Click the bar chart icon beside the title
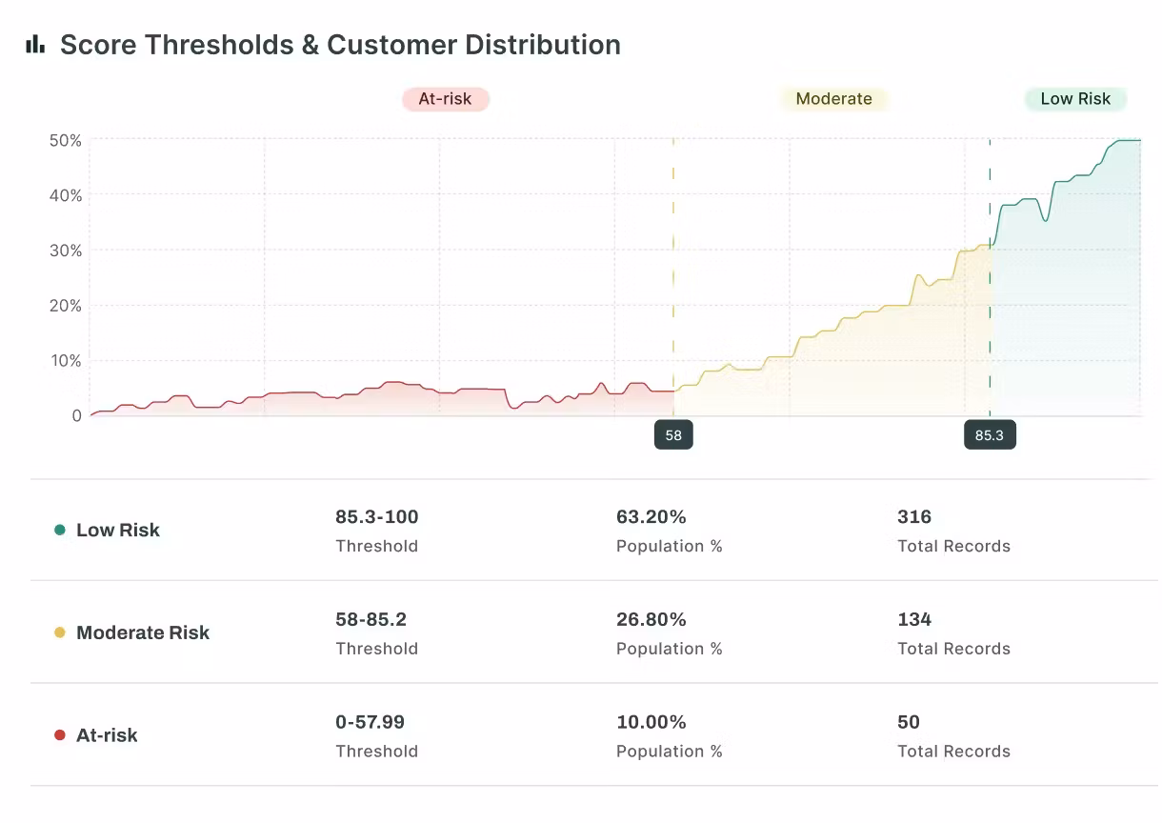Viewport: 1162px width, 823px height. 35,44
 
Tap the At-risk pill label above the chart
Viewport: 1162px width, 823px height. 445,99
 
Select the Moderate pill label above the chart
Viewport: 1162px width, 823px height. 833,99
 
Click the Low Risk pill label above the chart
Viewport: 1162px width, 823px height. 1075,99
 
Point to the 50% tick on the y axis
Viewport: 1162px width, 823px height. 65,140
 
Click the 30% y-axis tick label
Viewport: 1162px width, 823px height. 65,251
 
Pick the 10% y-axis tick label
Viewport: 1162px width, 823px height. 65,361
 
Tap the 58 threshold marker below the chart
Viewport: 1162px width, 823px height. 673,435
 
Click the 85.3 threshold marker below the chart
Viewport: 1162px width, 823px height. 990,435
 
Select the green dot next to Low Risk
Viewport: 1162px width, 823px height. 60,530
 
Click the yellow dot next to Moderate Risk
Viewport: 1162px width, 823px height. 60,632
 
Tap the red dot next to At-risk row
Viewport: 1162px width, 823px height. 60,735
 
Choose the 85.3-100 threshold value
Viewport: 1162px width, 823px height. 376,517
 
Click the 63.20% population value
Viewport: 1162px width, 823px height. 651,517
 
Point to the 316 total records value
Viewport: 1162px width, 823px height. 914,517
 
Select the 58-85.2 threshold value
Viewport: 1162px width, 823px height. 371,619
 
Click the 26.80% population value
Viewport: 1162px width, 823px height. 651,619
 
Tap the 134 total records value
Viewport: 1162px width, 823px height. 914,619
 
